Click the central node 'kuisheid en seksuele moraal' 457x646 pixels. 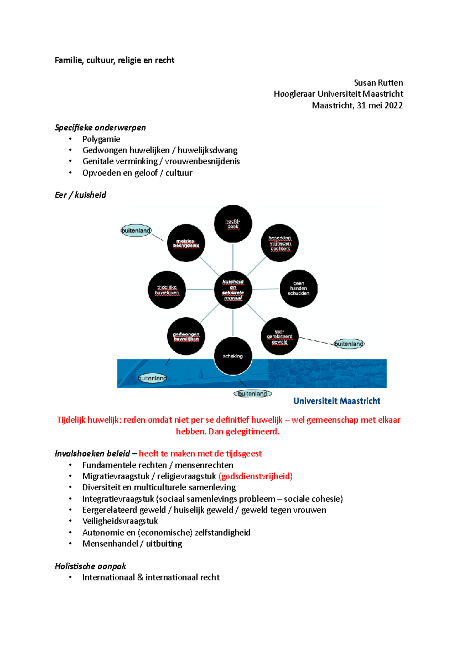click(x=233, y=290)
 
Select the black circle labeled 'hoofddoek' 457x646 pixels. click(x=233, y=224)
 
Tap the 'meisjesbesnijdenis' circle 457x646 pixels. click(x=186, y=243)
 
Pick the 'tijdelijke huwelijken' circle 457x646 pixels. click(x=167, y=290)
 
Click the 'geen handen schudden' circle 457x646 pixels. click(x=299, y=288)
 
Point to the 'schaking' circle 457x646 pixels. click(x=233, y=356)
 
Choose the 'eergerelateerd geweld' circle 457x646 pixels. click(x=280, y=336)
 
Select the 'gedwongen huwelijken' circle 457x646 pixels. click(x=186, y=336)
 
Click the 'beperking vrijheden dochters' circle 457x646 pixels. click(x=280, y=243)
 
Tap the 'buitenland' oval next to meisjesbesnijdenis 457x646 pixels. click(x=136, y=231)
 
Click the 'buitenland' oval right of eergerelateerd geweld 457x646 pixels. click(x=349, y=344)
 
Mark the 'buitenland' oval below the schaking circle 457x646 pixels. click(x=252, y=394)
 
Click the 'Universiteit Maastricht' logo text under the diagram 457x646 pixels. click(x=337, y=401)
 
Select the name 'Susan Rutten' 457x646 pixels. click(x=378, y=83)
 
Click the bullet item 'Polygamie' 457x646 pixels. click(x=101, y=139)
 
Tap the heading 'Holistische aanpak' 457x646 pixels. click(x=90, y=566)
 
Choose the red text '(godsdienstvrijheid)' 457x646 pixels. click(x=256, y=476)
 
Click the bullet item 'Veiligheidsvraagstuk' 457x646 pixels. click(x=120, y=521)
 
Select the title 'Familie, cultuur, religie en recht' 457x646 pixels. click(x=114, y=60)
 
